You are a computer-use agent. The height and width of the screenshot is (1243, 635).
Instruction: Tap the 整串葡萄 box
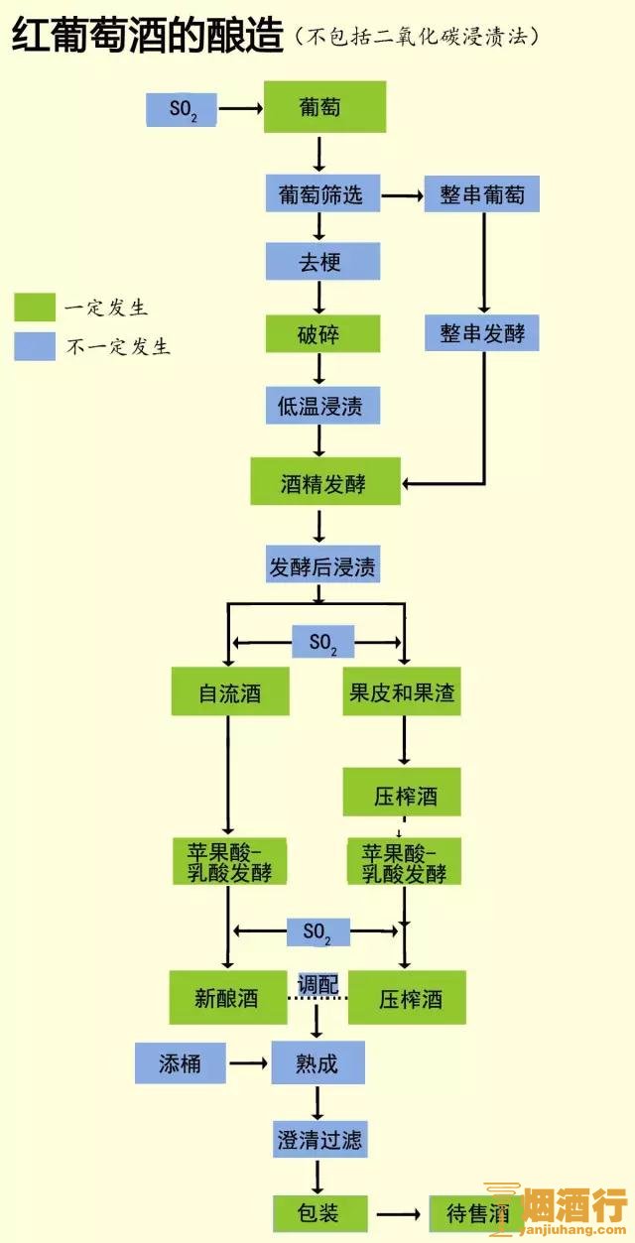coord(482,193)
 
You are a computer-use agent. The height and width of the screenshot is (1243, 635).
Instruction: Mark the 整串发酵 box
coord(482,332)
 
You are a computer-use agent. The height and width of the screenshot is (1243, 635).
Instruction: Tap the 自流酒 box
coord(230,691)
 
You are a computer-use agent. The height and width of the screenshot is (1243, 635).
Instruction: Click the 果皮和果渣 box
coord(403,691)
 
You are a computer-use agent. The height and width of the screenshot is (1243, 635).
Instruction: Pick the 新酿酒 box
coord(227,996)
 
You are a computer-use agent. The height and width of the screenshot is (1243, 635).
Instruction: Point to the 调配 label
coord(318,985)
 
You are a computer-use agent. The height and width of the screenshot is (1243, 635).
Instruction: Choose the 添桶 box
coord(180,1063)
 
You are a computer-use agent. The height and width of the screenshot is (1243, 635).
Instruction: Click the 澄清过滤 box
coord(319,1139)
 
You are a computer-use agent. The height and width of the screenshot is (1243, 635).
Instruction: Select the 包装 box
coord(319,1212)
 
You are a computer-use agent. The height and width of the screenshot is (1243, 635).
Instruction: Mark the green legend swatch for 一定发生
coord(35,307)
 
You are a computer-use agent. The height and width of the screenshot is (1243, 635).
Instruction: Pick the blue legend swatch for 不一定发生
coord(35,345)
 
